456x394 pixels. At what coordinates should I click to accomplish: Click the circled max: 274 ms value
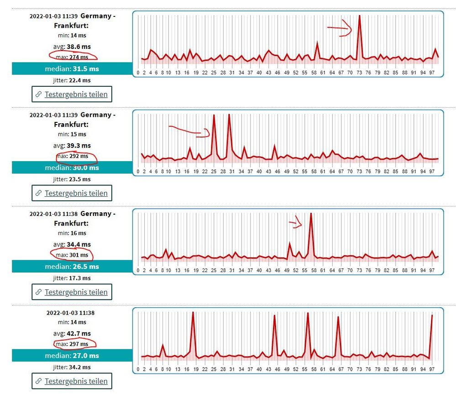point(73,57)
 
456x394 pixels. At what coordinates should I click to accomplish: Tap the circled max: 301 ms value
point(73,255)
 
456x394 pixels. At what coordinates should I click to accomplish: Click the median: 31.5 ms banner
point(72,69)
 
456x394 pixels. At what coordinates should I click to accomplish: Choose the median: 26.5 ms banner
point(72,266)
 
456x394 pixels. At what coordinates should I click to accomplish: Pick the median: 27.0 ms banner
point(72,356)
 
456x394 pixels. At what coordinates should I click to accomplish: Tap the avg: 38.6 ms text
point(72,47)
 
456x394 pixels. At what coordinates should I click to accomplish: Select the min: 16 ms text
point(72,233)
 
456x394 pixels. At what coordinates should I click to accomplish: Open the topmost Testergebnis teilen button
point(72,95)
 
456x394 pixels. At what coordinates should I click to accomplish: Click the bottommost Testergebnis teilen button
point(72,381)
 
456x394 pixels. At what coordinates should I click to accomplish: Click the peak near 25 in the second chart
point(214,116)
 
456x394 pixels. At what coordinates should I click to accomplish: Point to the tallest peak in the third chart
point(311,215)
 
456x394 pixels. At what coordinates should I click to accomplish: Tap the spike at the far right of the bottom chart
point(432,316)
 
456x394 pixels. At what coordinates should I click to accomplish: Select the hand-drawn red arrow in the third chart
point(296,222)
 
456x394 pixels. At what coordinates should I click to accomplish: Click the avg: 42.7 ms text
point(72,333)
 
